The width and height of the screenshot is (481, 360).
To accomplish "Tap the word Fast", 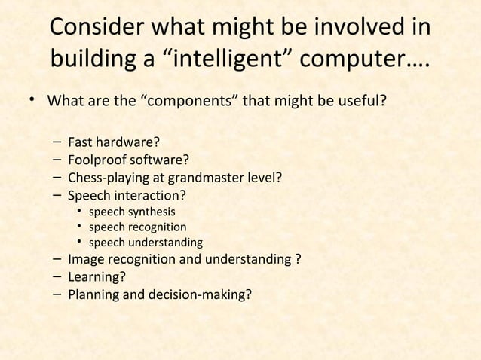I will pyautogui.click(x=81, y=141).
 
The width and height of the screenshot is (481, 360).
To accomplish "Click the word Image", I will pyautogui.click(x=84, y=261).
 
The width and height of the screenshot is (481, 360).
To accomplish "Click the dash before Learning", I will pyautogui.click(x=58, y=277).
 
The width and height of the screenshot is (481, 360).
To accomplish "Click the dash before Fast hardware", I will pyautogui.click(x=58, y=141).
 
